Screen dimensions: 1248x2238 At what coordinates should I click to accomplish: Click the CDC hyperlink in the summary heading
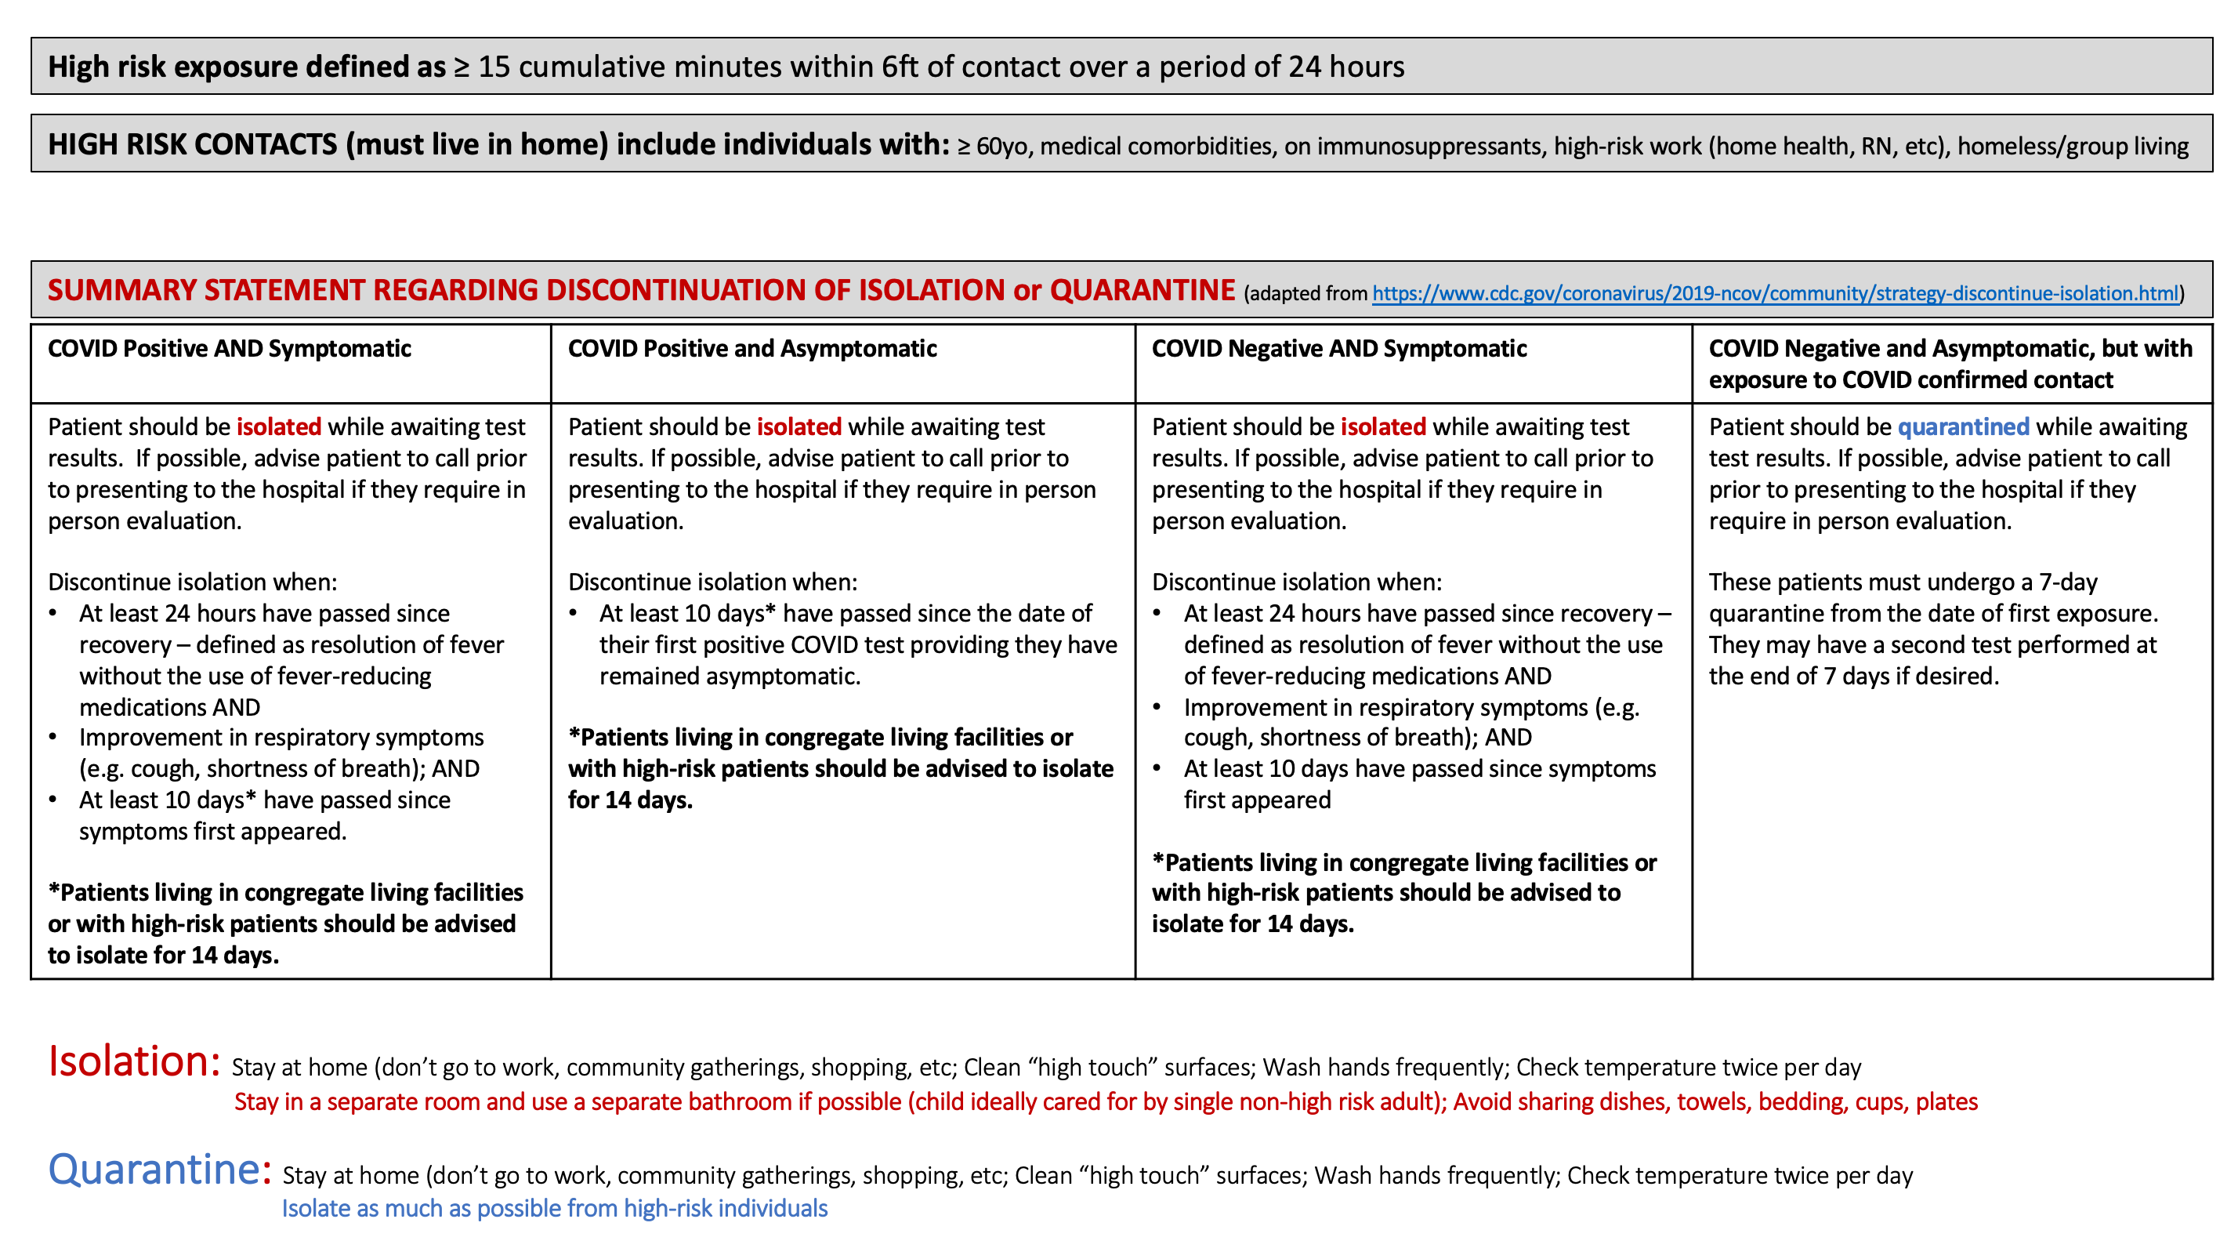pyautogui.click(x=1775, y=294)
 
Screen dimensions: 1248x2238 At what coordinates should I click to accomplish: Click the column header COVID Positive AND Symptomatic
pyautogui.click(x=230, y=349)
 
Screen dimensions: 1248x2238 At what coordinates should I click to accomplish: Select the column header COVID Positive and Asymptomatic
pyautogui.click(x=751, y=349)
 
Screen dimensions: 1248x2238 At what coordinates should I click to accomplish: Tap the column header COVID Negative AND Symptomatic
pyautogui.click(x=1338, y=349)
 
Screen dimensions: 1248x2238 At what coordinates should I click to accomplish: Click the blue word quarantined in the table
pyautogui.click(x=1963, y=426)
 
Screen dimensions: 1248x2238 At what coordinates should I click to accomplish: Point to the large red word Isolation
pyautogui.click(x=134, y=1061)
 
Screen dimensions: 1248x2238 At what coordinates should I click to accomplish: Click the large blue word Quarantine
pyautogui.click(x=154, y=1169)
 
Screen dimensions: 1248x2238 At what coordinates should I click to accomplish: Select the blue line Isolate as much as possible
pyautogui.click(x=554, y=1208)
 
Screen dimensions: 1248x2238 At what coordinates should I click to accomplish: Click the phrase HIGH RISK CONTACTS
pyautogui.click(x=192, y=144)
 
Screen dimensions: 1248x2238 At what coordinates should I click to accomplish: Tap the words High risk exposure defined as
pyautogui.click(x=247, y=67)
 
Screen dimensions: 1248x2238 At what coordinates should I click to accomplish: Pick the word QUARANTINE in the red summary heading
pyautogui.click(x=1142, y=289)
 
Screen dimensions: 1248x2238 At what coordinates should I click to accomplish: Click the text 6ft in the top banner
pyautogui.click(x=900, y=67)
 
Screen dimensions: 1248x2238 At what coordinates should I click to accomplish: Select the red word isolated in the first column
pyautogui.click(x=279, y=426)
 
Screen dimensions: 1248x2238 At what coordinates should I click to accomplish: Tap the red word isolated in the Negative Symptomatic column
pyautogui.click(x=1383, y=426)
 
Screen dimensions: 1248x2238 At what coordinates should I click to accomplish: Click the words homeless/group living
pyautogui.click(x=2073, y=146)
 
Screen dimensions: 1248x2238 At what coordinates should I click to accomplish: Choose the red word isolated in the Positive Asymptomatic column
pyautogui.click(x=799, y=426)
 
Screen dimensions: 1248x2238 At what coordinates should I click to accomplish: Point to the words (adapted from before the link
pyautogui.click(x=1305, y=294)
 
